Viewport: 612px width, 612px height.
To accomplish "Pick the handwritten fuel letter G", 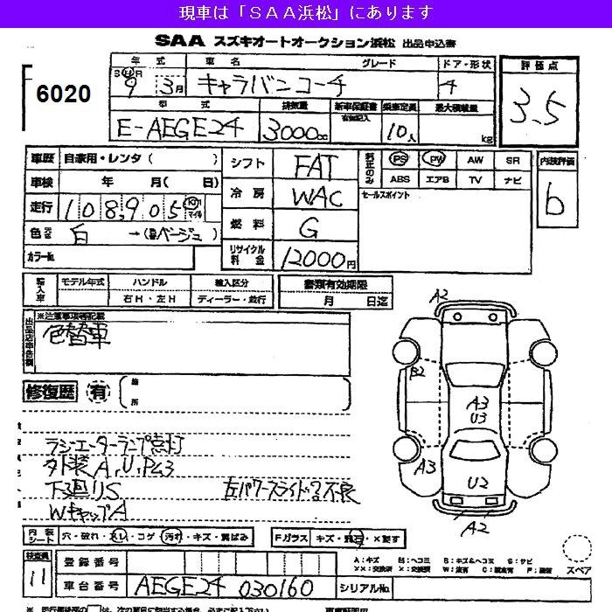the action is (x=309, y=227).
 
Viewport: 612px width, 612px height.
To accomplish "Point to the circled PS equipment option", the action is (x=400, y=160).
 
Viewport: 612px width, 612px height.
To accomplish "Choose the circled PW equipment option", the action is (x=435, y=160).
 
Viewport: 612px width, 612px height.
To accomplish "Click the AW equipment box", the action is (x=475, y=161).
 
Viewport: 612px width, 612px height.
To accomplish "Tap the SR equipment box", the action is (x=512, y=161).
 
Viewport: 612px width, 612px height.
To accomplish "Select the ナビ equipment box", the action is (x=512, y=180).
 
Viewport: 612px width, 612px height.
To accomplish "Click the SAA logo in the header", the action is (x=178, y=40).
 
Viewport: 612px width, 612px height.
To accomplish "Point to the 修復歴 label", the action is (x=52, y=391).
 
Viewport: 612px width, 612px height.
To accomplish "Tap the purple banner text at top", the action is (x=305, y=12).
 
